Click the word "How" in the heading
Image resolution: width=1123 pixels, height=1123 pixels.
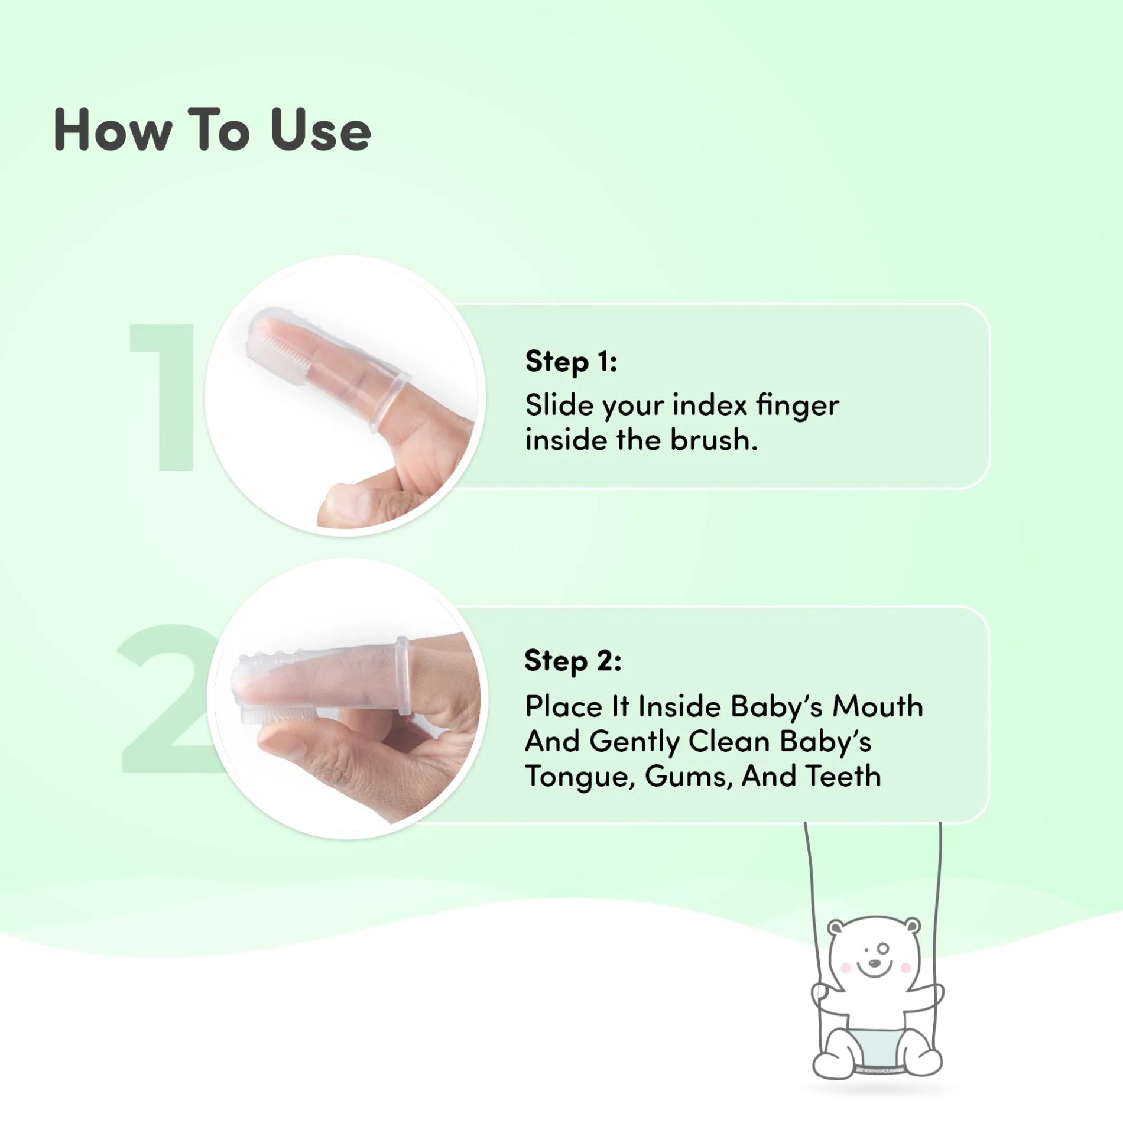click(x=113, y=129)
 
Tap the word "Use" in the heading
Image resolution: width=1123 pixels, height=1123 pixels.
click(x=320, y=129)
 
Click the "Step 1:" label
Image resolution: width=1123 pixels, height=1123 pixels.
click(x=571, y=362)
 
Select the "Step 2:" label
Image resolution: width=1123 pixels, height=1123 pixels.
click(x=573, y=661)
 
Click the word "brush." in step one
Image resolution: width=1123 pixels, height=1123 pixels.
click(x=714, y=440)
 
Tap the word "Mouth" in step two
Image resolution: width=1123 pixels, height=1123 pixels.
click(x=878, y=706)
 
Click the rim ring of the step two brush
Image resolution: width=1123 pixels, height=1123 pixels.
click(x=403, y=676)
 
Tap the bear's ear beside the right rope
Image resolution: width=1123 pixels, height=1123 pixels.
click(x=913, y=926)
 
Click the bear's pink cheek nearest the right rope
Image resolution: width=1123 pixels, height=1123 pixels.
click(x=905, y=968)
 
